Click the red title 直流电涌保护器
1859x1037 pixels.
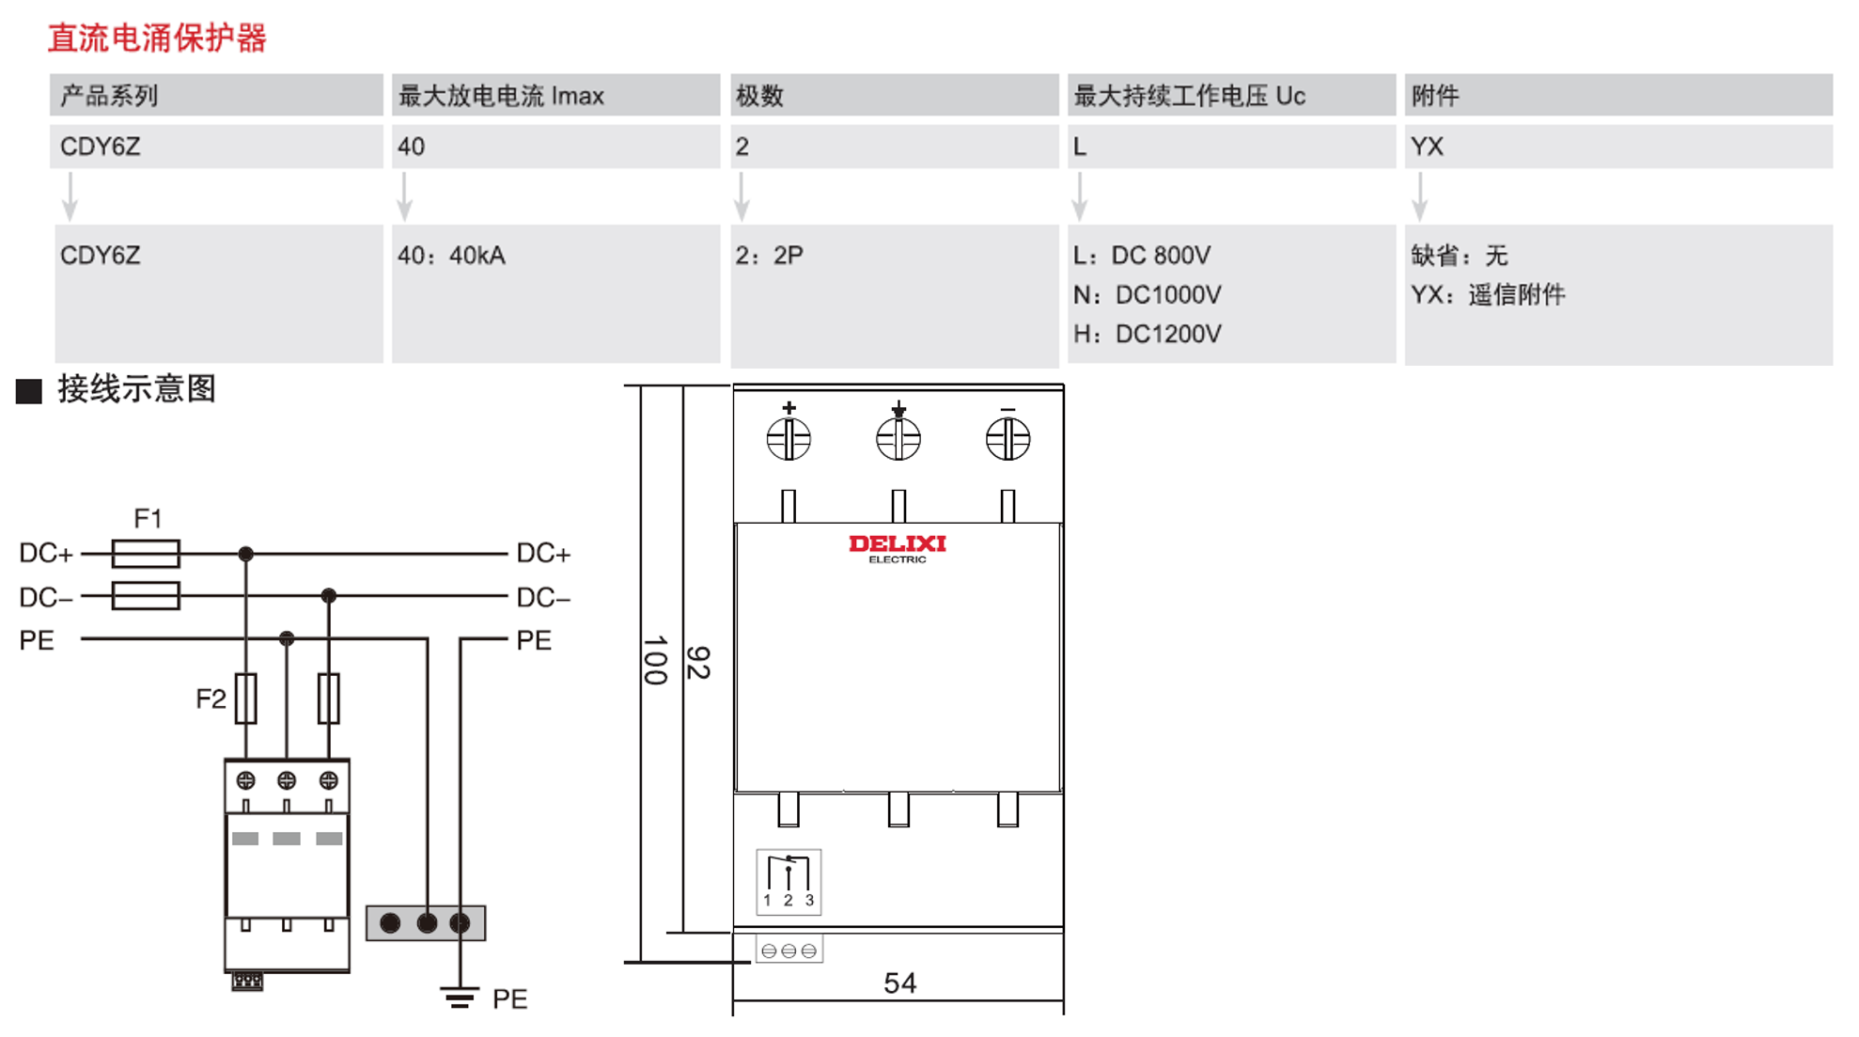157,39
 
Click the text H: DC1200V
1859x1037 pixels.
1147,334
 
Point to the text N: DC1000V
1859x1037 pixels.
1147,295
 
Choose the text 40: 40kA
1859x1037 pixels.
451,256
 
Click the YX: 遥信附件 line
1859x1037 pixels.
1487,295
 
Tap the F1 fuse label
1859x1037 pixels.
148,518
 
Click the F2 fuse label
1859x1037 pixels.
211,699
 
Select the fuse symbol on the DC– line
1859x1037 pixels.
146,596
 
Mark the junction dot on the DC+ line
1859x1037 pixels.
246,554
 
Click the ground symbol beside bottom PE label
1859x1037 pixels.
460,998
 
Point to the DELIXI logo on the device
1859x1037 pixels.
898,547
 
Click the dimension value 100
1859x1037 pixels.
655,660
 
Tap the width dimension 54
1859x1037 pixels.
899,983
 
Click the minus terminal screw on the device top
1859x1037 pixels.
1008,439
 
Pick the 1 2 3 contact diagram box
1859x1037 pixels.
789,882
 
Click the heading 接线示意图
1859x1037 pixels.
136,388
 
